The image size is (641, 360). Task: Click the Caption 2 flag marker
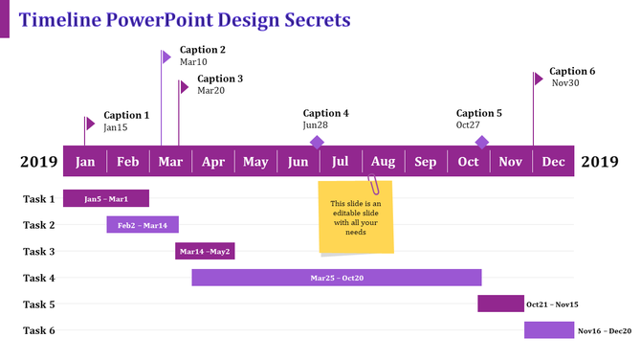click(166, 56)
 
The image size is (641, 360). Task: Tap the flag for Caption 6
click(539, 78)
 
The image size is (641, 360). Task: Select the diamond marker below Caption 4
click(317, 142)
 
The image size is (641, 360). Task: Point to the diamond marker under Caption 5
click(482, 142)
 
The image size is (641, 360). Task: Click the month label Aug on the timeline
click(383, 161)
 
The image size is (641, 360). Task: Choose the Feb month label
click(128, 161)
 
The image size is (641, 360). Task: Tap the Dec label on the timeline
click(554, 161)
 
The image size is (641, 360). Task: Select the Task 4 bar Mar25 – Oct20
click(336, 278)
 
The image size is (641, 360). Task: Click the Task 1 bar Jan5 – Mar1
click(106, 199)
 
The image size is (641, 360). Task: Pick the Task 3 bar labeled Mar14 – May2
click(205, 252)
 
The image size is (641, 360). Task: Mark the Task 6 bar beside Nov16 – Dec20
click(548, 330)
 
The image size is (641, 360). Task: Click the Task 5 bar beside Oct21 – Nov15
click(500, 304)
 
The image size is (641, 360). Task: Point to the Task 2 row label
click(39, 226)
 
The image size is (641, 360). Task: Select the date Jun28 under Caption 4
click(316, 125)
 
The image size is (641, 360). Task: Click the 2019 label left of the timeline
click(39, 162)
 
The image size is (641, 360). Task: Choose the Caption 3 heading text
click(220, 79)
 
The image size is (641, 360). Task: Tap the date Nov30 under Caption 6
click(565, 83)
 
